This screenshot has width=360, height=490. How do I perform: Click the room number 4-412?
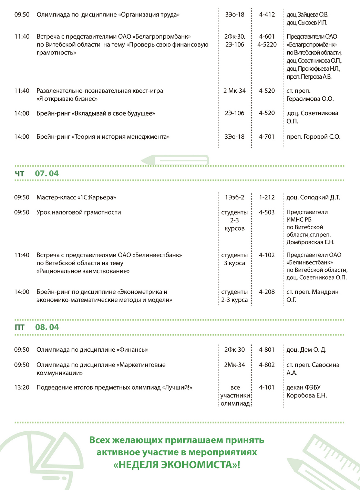267,14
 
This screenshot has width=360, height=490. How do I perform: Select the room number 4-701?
267,137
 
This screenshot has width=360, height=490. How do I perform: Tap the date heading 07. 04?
47,173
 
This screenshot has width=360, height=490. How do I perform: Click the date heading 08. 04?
47,327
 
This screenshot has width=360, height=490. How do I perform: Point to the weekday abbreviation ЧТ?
20,173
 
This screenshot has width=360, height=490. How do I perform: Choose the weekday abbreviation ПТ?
20,327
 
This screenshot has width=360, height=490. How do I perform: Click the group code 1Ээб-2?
235,197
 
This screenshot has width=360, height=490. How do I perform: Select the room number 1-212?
267,197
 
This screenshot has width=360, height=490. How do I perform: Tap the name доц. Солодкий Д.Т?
313,197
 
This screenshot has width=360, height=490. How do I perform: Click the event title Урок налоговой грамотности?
79,212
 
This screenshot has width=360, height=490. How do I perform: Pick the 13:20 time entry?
22,387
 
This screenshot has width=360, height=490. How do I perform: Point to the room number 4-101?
267,387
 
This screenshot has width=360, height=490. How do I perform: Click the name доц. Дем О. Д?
306,350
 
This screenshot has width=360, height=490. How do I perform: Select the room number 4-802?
267,364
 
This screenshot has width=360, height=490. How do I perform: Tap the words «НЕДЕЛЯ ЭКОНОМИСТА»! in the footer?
177,465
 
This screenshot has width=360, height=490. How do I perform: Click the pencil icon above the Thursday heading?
175,160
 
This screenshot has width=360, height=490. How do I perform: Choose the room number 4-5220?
267,44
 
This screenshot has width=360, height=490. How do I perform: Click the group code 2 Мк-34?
235,91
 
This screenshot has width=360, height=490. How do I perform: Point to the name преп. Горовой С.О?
313,137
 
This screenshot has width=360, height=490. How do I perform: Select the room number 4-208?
267,292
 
